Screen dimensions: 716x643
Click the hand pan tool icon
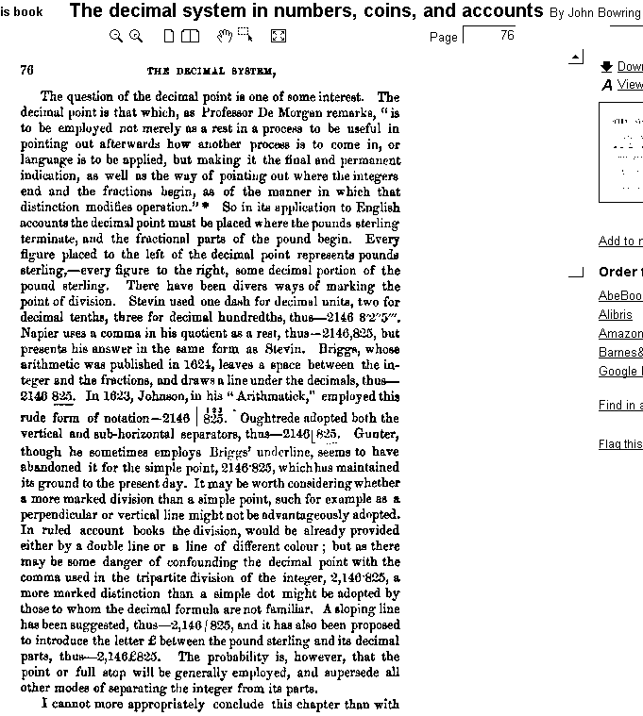pyautogui.click(x=224, y=36)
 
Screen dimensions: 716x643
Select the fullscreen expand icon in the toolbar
pyautogui.click(x=278, y=36)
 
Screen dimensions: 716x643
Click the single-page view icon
pyautogui.click(x=169, y=36)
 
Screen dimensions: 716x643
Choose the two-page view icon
pyautogui.click(x=191, y=36)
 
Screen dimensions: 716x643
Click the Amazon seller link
pyautogui.click(x=620, y=334)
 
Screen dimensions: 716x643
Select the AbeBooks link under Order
pyautogui.click(x=619, y=296)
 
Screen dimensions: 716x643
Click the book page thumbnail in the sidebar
pyautogui.click(x=621, y=151)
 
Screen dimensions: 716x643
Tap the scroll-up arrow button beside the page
pyautogui.click(x=576, y=58)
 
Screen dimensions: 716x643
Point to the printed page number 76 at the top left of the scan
pyautogui.click(x=26, y=70)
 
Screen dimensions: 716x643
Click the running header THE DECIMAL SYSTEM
pyautogui.click(x=212, y=71)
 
